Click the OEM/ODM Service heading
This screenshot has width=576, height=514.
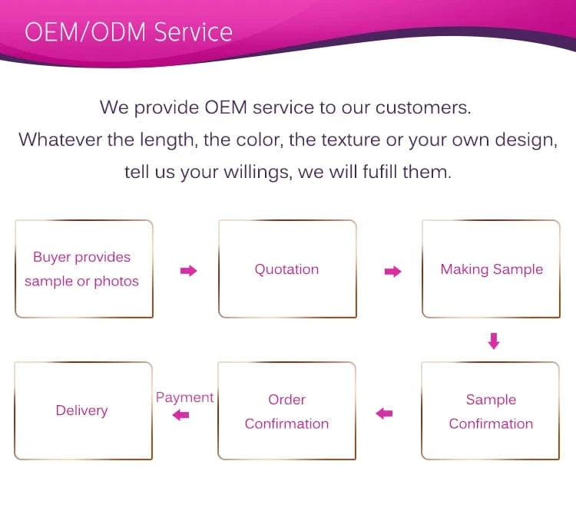(128, 31)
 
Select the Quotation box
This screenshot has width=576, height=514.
(287, 269)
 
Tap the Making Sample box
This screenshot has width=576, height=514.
(491, 269)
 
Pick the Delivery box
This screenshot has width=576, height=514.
(82, 410)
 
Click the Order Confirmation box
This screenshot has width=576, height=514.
(286, 411)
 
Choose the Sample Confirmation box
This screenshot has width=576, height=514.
(491, 411)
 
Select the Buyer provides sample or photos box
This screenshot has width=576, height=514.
(82, 269)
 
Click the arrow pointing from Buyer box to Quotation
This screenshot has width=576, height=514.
(188, 271)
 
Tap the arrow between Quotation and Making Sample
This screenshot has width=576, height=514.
(392, 272)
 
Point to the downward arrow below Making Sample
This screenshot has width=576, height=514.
(494, 341)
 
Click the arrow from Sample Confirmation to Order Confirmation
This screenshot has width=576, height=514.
(384, 414)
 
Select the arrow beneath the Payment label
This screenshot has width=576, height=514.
(180, 415)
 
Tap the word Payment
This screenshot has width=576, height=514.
(184, 397)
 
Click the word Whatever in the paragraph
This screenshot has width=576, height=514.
(58, 140)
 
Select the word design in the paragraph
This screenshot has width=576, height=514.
(526, 140)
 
